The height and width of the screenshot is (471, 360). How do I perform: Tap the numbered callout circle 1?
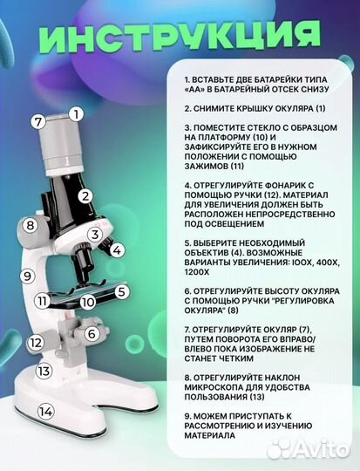(76, 113)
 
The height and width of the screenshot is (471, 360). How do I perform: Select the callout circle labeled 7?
(37, 121)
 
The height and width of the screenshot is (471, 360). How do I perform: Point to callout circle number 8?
(30, 226)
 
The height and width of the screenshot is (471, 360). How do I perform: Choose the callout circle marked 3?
(93, 234)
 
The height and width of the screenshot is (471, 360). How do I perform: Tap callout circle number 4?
(117, 249)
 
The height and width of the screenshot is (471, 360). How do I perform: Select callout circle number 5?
(122, 292)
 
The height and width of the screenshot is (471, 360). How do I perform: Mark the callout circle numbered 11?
(41, 302)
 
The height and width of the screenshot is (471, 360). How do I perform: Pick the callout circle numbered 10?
(87, 303)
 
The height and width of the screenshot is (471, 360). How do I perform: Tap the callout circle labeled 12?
(35, 343)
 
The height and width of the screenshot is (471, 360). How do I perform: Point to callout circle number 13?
(43, 371)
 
